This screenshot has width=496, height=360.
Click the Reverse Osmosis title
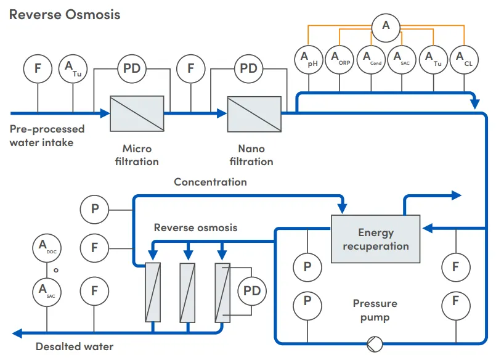pyautogui.click(x=65, y=14)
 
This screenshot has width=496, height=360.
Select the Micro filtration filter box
pyautogui.click(x=137, y=113)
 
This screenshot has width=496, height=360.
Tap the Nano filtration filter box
pyautogui.click(x=254, y=113)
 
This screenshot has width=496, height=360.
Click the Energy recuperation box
pyautogui.click(x=375, y=239)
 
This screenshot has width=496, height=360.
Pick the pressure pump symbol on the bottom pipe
pyautogui.click(x=375, y=343)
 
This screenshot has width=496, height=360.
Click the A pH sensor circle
pyautogui.click(x=308, y=60)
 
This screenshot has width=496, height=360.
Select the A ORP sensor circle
pyautogui.click(x=339, y=60)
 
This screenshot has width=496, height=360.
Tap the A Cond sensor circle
pyautogui.click(x=371, y=60)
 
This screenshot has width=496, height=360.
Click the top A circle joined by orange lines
pyautogui.click(x=386, y=25)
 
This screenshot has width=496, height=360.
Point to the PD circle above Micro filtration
pyautogui.click(x=132, y=68)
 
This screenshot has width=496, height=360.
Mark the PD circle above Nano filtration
pyautogui.click(x=248, y=68)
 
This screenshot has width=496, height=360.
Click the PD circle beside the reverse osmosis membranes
pyautogui.click(x=253, y=290)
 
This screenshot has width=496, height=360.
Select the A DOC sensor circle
pyautogui.click(x=47, y=248)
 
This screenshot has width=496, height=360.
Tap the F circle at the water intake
pyautogui.click(x=38, y=68)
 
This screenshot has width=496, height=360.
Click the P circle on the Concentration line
pyautogui.click(x=95, y=209)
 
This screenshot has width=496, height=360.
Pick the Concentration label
pyautogui.click(x=210, y=182)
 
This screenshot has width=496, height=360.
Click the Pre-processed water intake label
pyautogui.click(x=47, y=136)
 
